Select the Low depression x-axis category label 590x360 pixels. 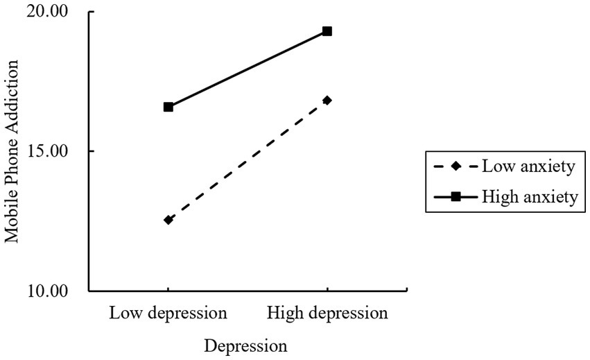pyautogui.click(x=168, y=313)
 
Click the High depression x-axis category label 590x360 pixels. pyautogui.click(x=327, y=313)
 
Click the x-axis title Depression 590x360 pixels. pyautogui.click(x=245, y=345)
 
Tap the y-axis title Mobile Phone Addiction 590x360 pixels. pyautogui.click(x=13, y=151)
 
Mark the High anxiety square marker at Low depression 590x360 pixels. pyautogui.click(x=168, y=107)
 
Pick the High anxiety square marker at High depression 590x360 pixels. pyautogui.click(x=327, y=31)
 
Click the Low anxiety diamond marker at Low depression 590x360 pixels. pyautogui.click(x=168, y=220)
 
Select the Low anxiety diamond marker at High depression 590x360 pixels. pyautogui.click(x=327, y=101)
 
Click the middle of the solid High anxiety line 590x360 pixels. pyautogui.click(x=248, y=69)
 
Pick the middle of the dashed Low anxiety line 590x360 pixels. pyautogui.click(x=248, y=160)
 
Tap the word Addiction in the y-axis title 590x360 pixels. pyautogui.click(x=13, y=94)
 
